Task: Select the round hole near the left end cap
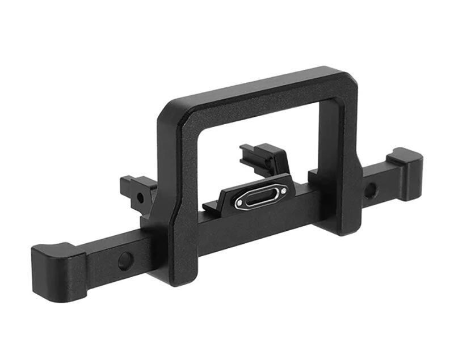coord(125,260)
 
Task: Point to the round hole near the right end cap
coord(370,190)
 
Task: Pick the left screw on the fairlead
coord(240,202)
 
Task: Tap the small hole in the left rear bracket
coord(140,198)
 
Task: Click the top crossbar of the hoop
coord(255,91)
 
